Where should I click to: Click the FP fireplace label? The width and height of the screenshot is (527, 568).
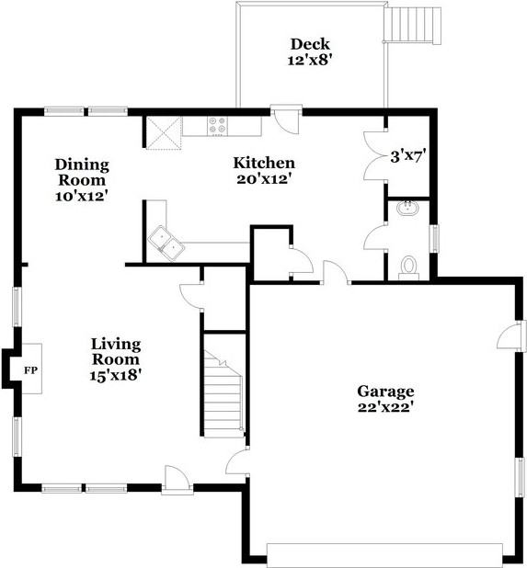(x=30, y=370)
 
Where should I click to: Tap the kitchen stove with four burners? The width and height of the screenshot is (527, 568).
(x=217, y=126)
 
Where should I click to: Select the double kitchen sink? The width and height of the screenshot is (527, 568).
(x=166, y=243)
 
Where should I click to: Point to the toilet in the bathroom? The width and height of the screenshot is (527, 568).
(x=409, y=268)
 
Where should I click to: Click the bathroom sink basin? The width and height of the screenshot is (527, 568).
(x=408, y=209)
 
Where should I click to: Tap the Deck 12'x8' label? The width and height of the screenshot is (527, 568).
(x=310, y=51)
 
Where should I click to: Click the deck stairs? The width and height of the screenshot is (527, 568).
(x=413, y=26)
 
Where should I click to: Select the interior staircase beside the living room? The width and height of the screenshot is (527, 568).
(x=223, y=394)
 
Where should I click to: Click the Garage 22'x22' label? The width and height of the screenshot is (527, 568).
(x=385, y=399)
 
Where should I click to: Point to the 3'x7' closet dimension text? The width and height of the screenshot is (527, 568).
(x=407, y=157)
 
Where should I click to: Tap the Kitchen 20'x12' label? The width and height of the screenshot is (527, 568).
(x=264, y=171)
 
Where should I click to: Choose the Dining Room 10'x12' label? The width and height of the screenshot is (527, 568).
(x=82, y=180)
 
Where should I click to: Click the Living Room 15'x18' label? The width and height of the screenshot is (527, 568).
(x=116, y=359)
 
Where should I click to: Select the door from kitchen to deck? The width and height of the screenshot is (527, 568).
(x=286, y=119)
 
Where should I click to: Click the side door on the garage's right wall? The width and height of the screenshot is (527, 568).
(x=512, y=335)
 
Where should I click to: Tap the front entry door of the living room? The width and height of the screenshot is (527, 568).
(x=177, y=481)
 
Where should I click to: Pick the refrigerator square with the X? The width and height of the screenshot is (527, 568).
(x=164, y=132)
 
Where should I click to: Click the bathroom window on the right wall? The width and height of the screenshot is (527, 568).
(x=434, y=238)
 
